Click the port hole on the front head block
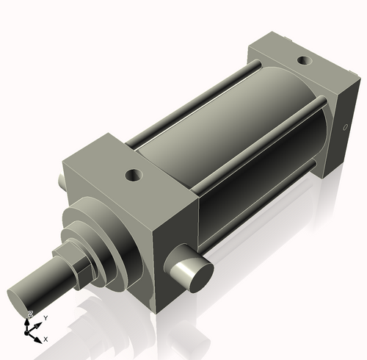(133, 176)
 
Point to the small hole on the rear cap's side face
(345, 128)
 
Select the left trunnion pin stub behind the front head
(58, 179)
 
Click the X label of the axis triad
(46, 339)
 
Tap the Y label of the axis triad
(46, 317)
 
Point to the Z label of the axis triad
(30, 314)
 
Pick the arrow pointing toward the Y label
(37, 324)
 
